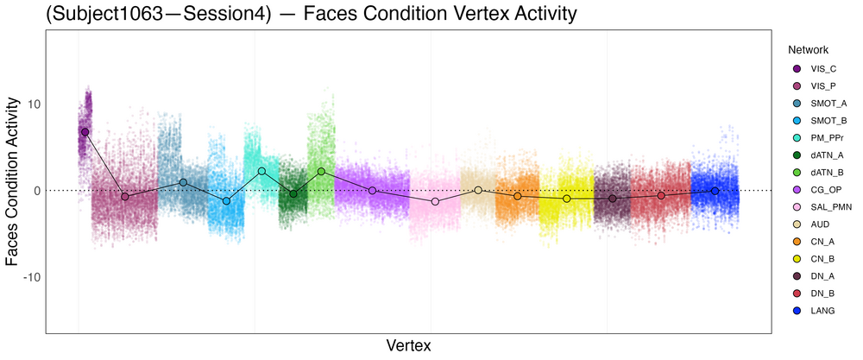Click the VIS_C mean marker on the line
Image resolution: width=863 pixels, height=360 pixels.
[85, 132]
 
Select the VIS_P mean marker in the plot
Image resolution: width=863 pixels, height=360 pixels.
[125, 197]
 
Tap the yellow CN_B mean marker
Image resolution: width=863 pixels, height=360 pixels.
[567, 199]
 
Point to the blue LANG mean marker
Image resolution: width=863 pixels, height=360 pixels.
[715, 191]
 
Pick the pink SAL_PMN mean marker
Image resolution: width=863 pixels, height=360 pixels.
[435, 201]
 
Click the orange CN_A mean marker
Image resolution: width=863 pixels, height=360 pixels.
[518, 196]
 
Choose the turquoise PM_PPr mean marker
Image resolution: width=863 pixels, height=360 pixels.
[261, 171]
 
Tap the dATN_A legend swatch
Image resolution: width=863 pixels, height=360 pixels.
[796, 155]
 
